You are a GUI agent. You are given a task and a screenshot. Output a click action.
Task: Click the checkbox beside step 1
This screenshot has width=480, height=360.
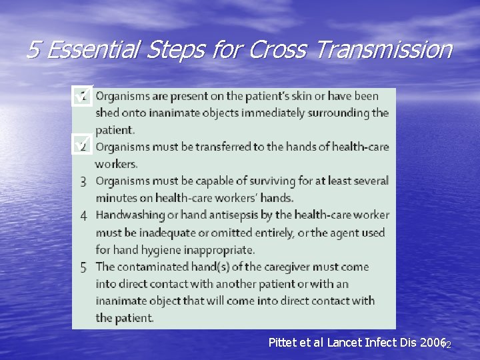coord(82,97)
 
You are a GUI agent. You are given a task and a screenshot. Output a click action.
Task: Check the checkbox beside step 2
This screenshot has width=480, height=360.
coord(82,145)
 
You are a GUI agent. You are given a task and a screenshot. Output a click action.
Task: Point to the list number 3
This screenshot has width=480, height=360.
coord(83,181)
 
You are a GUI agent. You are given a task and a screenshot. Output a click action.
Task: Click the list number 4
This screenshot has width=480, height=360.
coord(83,216)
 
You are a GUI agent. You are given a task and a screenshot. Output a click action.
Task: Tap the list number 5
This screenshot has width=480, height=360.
coord(83,268)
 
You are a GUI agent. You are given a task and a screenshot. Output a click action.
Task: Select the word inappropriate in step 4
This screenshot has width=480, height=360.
coord(217,250)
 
